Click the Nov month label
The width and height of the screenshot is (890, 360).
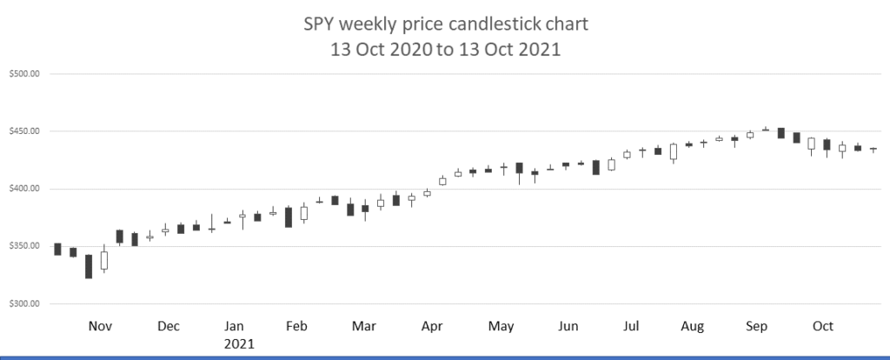(101, 326)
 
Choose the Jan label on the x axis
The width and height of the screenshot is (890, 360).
(234, 326)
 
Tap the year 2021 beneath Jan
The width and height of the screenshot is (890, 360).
(239, 344)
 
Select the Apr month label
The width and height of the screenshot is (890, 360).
(433, 326)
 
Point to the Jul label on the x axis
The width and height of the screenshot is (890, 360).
(631, 326)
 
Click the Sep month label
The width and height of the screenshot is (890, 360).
(757, 326)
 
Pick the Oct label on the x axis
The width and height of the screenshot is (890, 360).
(822, 326)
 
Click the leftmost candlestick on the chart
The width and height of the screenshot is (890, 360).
(57, 249)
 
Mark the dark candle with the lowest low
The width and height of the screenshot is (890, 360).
(89, 266)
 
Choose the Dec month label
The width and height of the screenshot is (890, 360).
(169, 326)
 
